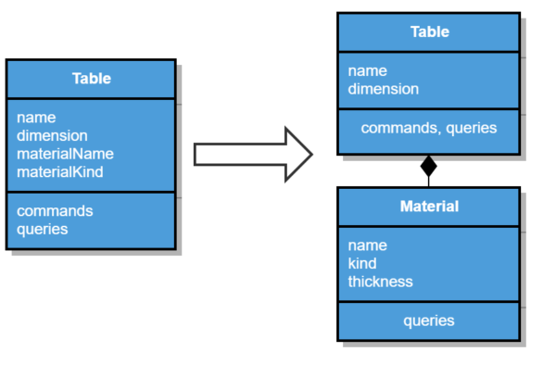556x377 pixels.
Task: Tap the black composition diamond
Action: point(428,167)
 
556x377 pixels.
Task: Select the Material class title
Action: point(428,206)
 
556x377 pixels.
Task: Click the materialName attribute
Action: point(65,153)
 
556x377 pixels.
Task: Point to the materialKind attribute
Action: point(59,171)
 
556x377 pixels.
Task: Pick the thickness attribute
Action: point(380,281)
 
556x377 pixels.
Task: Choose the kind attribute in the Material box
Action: point(362,263)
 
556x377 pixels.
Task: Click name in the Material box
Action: point(367,245)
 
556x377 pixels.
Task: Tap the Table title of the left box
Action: point(91,79)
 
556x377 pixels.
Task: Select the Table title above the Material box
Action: point(429,31)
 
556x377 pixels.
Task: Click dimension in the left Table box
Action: point(52,135)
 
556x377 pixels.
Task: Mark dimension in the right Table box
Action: point(384,89)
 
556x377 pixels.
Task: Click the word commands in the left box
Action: point(55,210)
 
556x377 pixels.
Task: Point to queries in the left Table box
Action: point(43,228)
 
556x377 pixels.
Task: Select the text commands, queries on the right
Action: point(428,128)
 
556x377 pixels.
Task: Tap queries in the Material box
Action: point(428,320)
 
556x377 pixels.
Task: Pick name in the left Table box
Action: point(36,118)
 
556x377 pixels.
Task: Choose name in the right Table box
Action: point(367,71)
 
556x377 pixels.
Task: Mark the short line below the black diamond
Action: point(428,182)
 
